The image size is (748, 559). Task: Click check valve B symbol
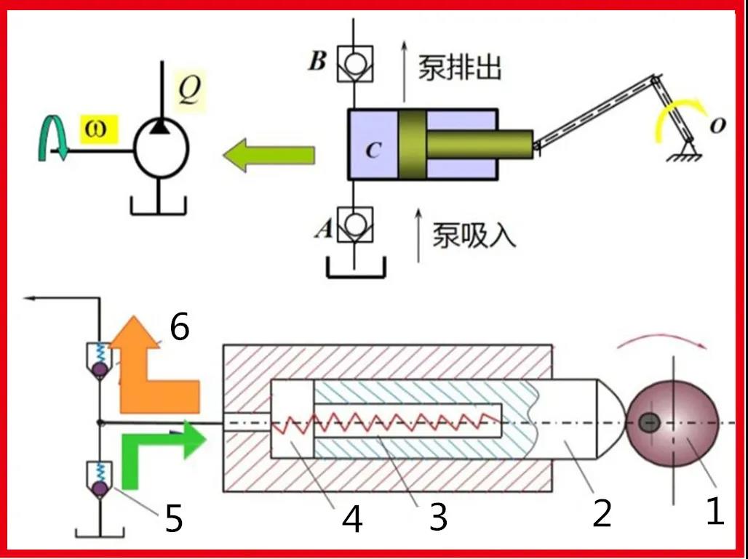click(x=354, y=64)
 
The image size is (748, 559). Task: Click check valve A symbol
click(x=354, y=225)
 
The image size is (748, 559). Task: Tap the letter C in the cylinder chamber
click(x=373, y=150)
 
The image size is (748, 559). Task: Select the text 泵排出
click(x=459, y=68)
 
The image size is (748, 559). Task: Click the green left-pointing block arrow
click(x=268, y=154)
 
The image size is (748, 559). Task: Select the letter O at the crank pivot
click(x=717, y=126)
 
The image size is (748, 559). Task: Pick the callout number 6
click(x=179, y=328)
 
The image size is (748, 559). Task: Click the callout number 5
click(x=173, y=519)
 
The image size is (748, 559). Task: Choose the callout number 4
click(x=353, y=520)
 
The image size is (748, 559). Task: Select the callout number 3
click(x=437, y=518)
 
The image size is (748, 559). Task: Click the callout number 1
click(x=715, y=512)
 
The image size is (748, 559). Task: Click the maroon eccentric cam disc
click(x=673, y=422)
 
